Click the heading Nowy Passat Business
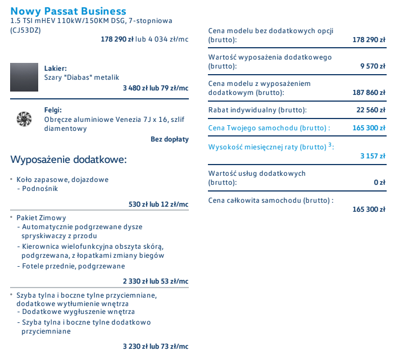[x=68, y=11]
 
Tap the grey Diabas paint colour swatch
[x=24, y=77]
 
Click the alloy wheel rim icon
[x=24, y=119]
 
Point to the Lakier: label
[x=56, y=69]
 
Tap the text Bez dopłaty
[x=170, y=139]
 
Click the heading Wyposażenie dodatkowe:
[x=69, y=160]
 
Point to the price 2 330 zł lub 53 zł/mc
[x=156, y=281]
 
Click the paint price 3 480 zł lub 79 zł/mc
[x=156, y=88]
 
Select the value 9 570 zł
[x=373, y=66]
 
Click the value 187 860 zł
[x=369, y=92]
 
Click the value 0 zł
[x=379, y=182]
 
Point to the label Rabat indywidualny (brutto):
[x=257, y=110]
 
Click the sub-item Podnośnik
[x=39, y=189]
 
